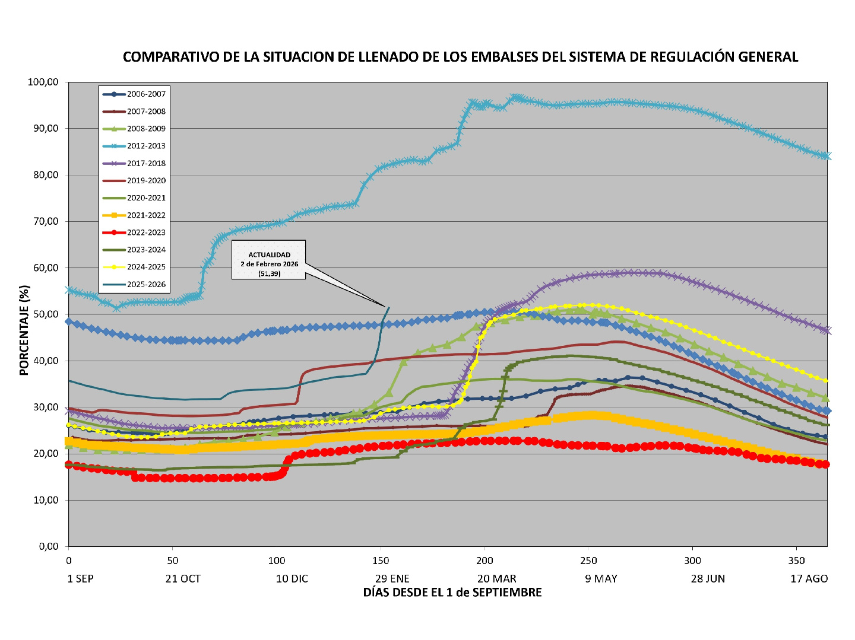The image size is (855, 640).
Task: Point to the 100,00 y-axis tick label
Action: point(43,82)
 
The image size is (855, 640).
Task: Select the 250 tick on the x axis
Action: point(588,561)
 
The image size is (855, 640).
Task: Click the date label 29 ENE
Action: point(392,579)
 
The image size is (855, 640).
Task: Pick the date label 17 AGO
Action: point(809,579)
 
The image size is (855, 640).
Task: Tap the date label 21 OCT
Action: point(183,579)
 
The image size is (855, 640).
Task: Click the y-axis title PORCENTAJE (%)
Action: point(24,330)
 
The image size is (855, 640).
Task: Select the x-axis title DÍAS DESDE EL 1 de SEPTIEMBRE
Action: point(452,593)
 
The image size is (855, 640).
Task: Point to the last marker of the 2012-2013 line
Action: point(826,156)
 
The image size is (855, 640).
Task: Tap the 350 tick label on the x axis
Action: point(796,561)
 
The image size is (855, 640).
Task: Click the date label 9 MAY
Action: point(601,579)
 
